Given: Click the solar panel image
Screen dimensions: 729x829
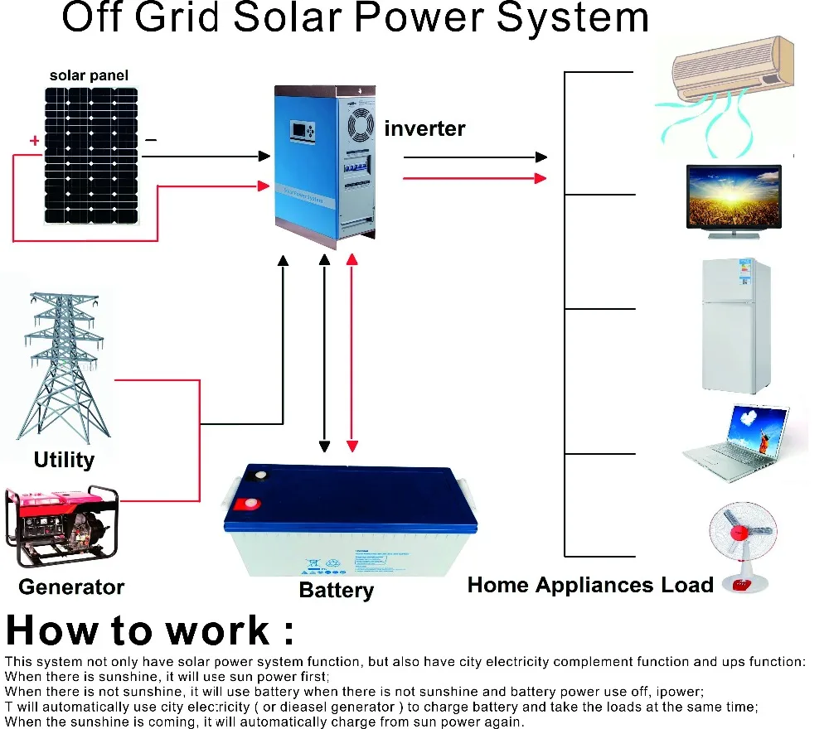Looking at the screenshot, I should pyautogui.click(x=91, y=155).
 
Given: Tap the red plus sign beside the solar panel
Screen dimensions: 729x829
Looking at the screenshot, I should pyautogui.click(x=34, y=141).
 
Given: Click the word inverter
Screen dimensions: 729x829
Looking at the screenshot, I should pyautogui.click(x=424, y=128).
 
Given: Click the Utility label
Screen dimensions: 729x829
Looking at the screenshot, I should pyautogui.click(x=64, y=460).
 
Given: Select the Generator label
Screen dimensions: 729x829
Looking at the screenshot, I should pyautogui.click(x=71, y=587).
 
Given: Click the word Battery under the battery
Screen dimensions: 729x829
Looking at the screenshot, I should pyautogui.click(x=336, y=591).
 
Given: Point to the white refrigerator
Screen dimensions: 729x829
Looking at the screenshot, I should pyautogui.click(x=737, y=325).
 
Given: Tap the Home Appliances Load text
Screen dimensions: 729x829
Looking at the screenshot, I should pyautogui.click(x=590, y=585).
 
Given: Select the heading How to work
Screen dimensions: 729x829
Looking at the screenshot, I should pyautogui.click(x=149, y=631).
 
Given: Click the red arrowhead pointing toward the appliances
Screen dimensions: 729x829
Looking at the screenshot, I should pyautogui.click(x=541, y=177).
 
